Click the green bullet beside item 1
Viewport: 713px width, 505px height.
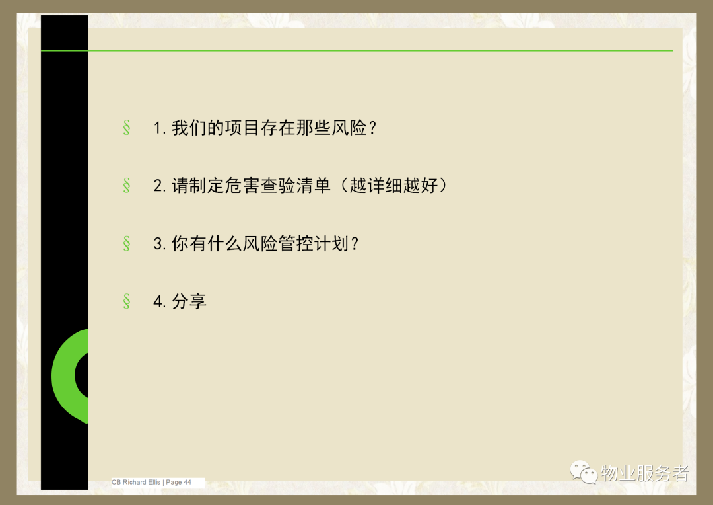pyautogui.click(x=126, y=128)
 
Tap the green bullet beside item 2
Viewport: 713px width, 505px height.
pyautogui.click(x=126, y=185)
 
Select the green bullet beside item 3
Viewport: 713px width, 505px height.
pyautogui.click(x=126, y=243)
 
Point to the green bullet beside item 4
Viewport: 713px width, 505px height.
pyautogui.click(x=126, y=301)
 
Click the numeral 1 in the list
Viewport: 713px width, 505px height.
pyautogui.click(x=157, y=128)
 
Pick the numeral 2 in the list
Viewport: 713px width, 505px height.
pyautogui.click(x=158, y=186)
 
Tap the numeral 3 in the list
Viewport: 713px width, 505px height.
pyautogui.click(x=158, y=244)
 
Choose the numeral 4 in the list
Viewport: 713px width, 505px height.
pyautogui.click(x=158, y=301)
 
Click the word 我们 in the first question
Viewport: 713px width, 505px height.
pyautogui.click(x=189, y=128)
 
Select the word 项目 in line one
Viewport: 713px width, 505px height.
pyautogui.click(x=242, y=128)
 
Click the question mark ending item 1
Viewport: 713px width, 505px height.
pyautogui.click(x=373, y=128)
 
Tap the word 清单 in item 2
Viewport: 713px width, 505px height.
pyautogui.click(x=314, y=186)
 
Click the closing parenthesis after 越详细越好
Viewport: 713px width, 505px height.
pyautogui.click(x=443, y=186)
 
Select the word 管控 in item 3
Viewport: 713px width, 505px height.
pyautogui.click(x=296, y=244)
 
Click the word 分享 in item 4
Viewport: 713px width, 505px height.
pyautogui.click(x=189, y=301)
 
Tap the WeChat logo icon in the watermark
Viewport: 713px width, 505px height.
pyautogui.click(x=584, y=472)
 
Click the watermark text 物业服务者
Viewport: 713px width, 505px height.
pyautogui.click(x=645, y=473)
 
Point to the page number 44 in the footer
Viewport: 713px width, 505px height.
pyautogui.click(x=187, y=482)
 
